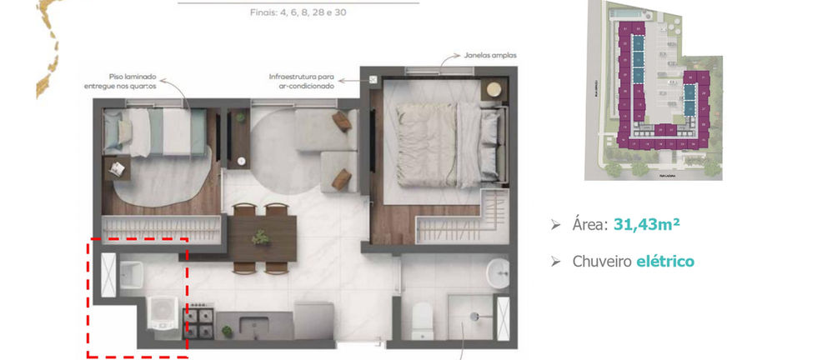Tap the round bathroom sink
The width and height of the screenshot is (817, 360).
499,272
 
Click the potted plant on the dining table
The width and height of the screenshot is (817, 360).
261,237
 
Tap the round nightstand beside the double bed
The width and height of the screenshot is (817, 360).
494,88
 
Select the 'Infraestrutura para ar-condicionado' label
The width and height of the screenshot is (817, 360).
301,81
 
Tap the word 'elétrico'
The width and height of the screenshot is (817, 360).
664,262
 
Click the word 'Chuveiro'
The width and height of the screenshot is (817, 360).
601,262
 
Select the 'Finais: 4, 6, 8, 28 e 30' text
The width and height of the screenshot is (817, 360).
298,12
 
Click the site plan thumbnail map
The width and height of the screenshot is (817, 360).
653,90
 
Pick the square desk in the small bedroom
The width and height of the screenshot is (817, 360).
118,169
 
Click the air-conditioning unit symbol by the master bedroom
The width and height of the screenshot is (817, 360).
373,81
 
